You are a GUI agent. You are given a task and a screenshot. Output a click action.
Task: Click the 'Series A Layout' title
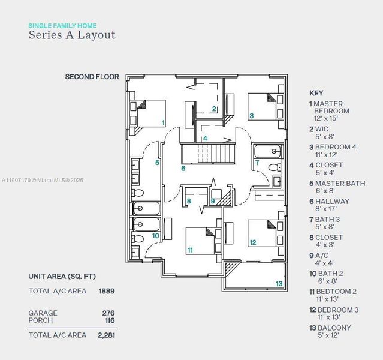click(72, 35)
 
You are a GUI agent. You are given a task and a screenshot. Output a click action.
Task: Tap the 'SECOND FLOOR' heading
click(92, 77)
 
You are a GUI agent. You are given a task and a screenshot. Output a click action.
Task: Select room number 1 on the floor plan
click(163, 122)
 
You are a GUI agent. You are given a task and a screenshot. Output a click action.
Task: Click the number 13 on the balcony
click(279, 283)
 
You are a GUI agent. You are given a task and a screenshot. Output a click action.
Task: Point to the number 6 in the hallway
click(183, 168)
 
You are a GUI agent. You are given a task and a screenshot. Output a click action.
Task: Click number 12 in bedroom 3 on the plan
click(253, 242)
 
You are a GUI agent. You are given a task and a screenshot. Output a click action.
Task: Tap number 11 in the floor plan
click(190, 250)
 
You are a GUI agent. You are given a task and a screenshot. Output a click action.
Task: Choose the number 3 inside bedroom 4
click(251, 116)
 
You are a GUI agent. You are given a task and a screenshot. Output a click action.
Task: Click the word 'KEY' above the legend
click(316, 93)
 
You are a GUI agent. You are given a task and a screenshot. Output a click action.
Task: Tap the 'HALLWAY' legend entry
click(332, 202)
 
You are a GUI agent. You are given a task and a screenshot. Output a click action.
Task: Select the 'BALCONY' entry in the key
click(333, 328)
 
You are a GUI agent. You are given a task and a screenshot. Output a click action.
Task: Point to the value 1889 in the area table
click(106, 291)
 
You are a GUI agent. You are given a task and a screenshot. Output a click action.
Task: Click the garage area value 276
click(108, 313)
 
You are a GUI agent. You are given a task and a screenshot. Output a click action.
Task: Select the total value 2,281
click(105, 335)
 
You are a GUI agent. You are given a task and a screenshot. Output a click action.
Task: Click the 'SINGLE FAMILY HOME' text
click(62, 26)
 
